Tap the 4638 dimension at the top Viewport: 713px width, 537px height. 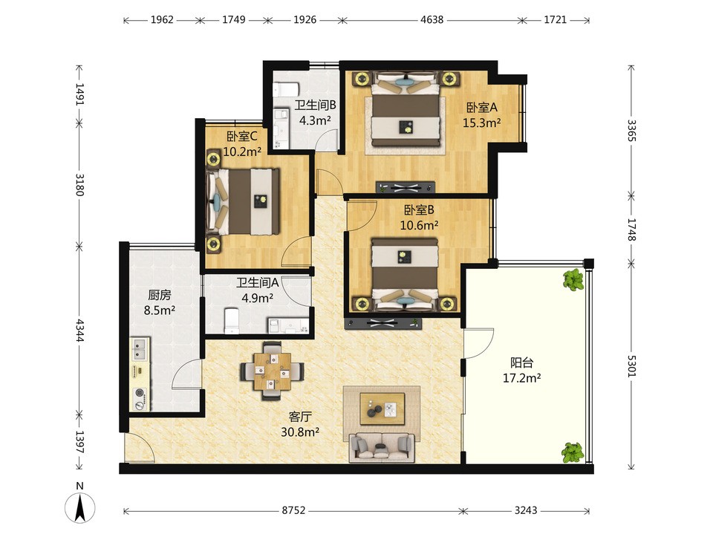(432, 19)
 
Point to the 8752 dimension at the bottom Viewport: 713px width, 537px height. (293, 510)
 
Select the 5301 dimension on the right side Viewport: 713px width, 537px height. (631, 365)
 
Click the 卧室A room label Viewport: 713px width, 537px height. (482, 108)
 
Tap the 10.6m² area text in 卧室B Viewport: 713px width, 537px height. (419, 224)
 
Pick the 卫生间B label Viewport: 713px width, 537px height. (315, 105)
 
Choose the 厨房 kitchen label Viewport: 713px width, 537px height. (160, 295)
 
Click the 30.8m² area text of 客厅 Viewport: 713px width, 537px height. (299, 432)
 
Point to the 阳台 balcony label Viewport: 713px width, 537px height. (521, 362)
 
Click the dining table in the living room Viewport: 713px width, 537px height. (273, 371)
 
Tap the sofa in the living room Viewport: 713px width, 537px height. (382, 447)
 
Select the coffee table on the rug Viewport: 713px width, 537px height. (382, 409)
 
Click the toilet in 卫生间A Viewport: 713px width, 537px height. (232, 320)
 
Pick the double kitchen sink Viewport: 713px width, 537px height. (140, 349)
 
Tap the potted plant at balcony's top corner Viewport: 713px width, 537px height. (573, 279)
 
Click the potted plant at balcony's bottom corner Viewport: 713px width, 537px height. (573, 452)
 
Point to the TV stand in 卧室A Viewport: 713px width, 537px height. (406, 187)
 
